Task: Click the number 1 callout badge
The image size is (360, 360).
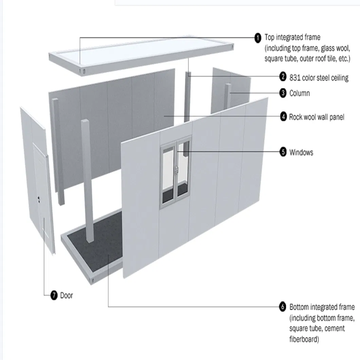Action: (x=258, y=38)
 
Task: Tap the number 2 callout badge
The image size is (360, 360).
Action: (x=283, y=77)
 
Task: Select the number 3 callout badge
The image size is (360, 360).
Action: (x=283, y=93)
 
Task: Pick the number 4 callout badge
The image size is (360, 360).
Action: (x=283, y=117)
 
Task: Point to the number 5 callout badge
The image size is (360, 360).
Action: (x=283, y=152)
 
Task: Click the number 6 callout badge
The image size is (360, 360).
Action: (x=283, y=307)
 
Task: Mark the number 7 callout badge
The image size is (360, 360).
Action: (x=54, y=295)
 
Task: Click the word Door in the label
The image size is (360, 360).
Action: (x=67, y=295)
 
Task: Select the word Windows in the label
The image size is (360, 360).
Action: (x=301, y=152)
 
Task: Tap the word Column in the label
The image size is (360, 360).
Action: (x=300, y=93)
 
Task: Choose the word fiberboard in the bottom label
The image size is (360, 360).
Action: (x=304, y=339)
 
